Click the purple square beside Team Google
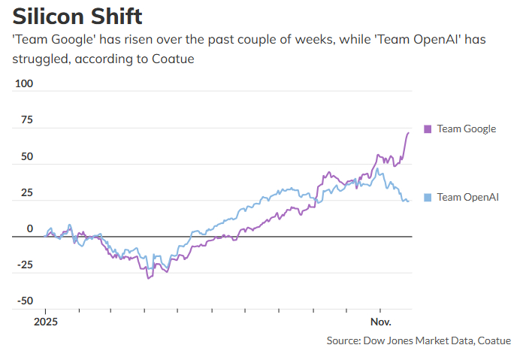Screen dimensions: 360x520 click(428, 129)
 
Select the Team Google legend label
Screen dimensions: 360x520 click(466, 129)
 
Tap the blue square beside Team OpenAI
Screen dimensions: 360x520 click(428, 197)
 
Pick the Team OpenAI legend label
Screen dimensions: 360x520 click(467, 197)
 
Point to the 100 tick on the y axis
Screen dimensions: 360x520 click(25, 83)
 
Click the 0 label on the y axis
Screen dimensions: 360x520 click(30, 228)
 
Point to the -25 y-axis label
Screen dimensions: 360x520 click(25, 265)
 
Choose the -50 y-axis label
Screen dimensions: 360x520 click(25, 301)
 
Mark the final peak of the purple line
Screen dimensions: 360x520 click(408, 133)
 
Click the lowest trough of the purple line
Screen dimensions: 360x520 click(148, 278)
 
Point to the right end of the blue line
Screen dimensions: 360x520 click(408, 201)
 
